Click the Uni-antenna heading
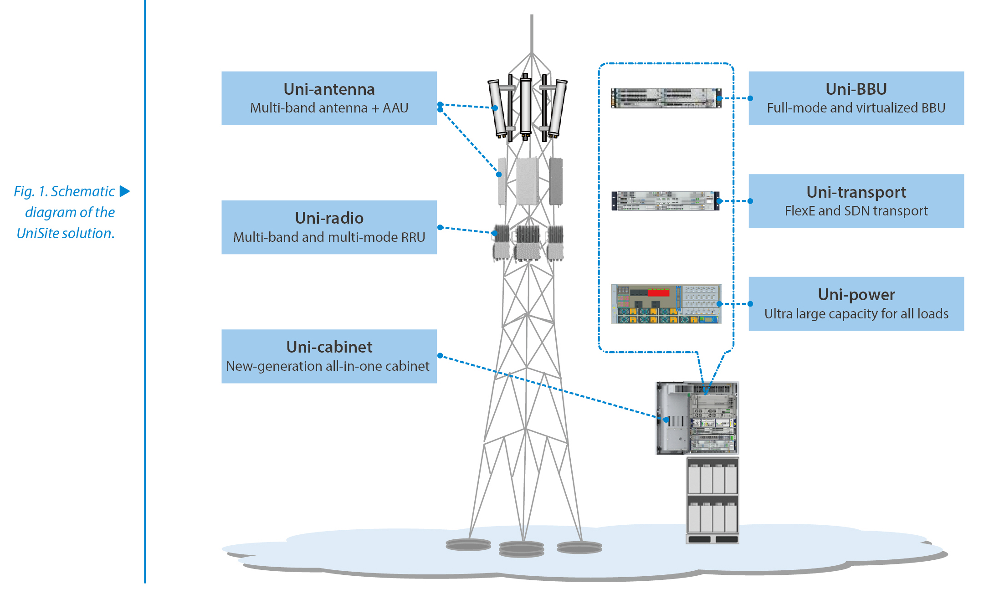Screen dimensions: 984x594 click(x=329, y=89)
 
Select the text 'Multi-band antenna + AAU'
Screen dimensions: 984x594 click(x=329, y=108)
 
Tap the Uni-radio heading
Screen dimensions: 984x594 click(x=329, y=218)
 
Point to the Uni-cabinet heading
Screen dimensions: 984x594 click(x=329, y=347)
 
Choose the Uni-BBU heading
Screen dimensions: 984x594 click(x=856, y=89)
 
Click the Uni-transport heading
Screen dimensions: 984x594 click(x=856, y=192)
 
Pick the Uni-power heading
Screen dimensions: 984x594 click(x=856, y=295)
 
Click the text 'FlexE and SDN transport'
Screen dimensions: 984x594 click(x=856, y=211)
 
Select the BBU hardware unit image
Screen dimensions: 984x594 click(x=666, y=98)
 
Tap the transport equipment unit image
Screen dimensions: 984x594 click(x=666, y=201)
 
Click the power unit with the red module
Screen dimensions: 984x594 click(x=666, y=304)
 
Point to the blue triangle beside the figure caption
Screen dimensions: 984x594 click(x=124, y=191)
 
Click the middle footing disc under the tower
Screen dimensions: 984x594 click(x=522, y=549)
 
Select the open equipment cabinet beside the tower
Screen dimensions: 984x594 click(x=697, y=418)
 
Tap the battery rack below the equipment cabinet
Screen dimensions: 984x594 click(x=712, y=501)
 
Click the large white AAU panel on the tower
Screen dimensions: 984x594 click(x=528, y=181)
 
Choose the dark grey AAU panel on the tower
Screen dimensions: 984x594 click(x=556, y=181)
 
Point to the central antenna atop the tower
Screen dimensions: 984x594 click(x=526, y=107)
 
